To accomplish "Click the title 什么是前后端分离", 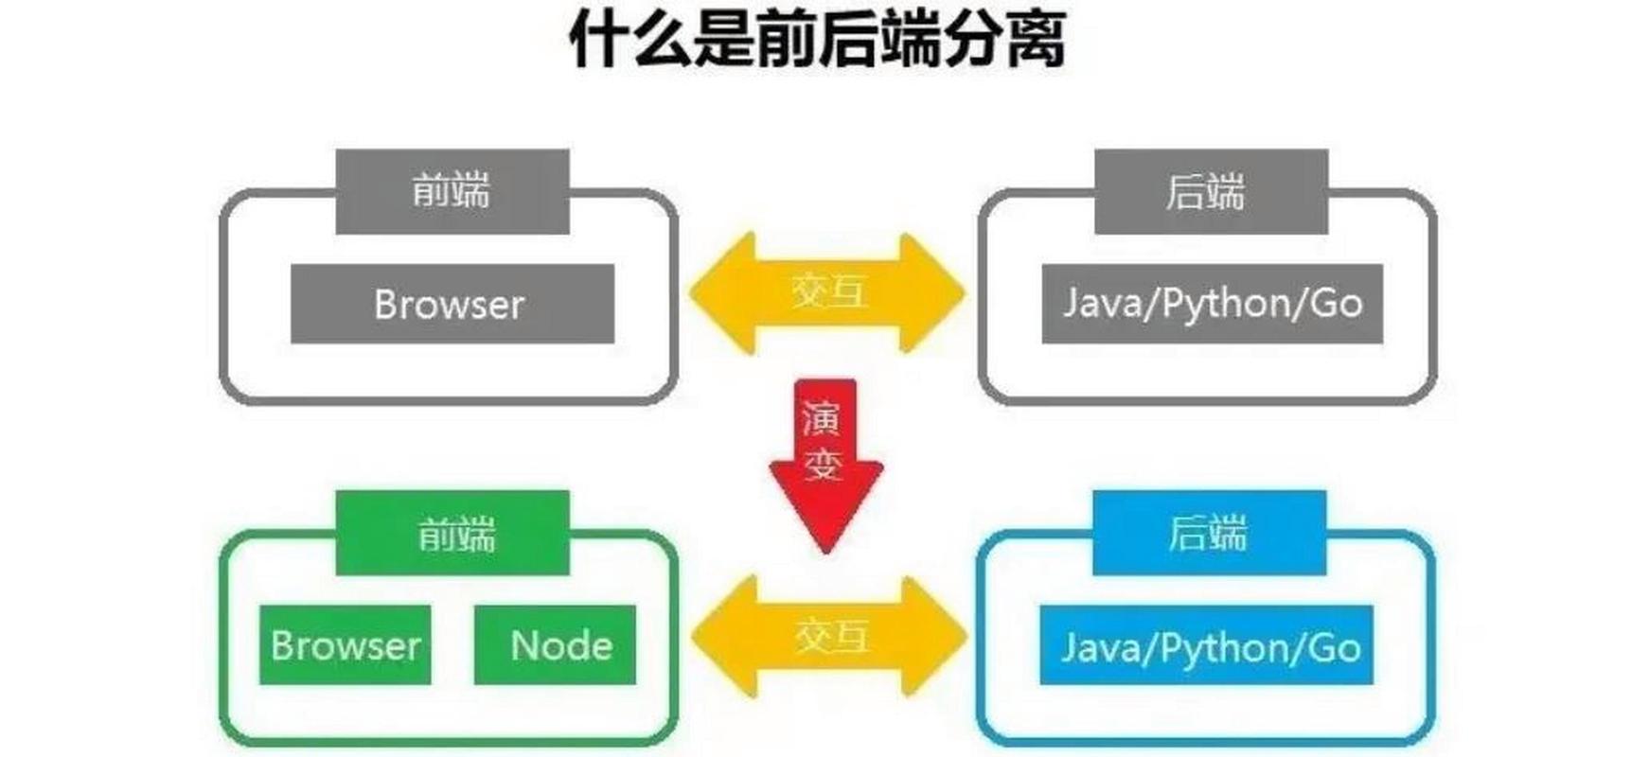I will [820, 40].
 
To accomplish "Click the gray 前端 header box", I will [452, 191].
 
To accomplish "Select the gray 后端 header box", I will [1211, 191].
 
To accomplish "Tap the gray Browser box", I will [452, 304].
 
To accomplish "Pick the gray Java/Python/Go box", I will [1212, 304].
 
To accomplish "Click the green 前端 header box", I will [452, 533].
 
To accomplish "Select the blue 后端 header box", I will [1209, 533].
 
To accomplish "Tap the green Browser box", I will [345, 645].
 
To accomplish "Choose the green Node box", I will [556, 645].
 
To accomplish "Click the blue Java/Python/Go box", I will [1206, 647].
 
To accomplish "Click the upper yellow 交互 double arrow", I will [826, 292].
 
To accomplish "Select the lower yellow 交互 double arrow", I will [828, 636].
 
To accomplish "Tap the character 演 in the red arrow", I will [822, 417].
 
